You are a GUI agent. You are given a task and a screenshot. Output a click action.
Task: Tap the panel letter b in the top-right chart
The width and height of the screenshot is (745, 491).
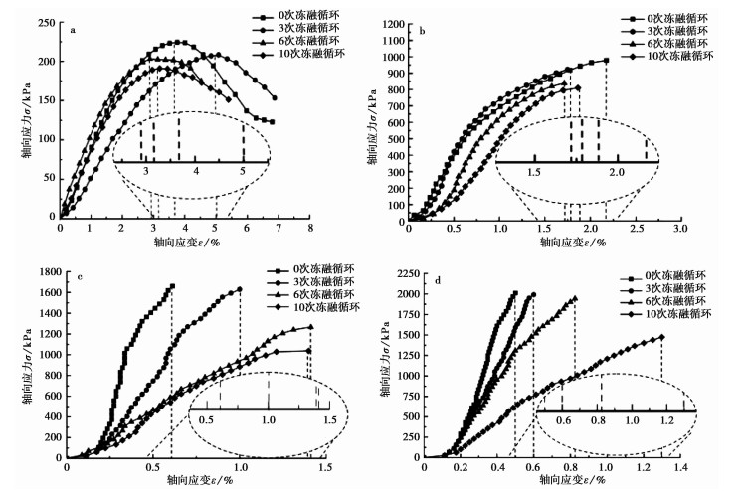tap(423, 31)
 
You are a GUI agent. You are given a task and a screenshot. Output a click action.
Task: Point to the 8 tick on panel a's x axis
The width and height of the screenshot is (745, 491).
tap(309, 228)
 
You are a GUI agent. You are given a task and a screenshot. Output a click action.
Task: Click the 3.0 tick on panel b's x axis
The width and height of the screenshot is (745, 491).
tap(679, 228)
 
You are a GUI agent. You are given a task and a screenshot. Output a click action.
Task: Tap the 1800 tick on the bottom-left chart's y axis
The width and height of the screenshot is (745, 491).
tap(46, 265)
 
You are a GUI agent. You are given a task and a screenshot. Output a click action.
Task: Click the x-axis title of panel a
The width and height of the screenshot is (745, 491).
tap(185, 242)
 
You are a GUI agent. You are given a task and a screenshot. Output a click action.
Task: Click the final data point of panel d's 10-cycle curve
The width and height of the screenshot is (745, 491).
tap(661, 337)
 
